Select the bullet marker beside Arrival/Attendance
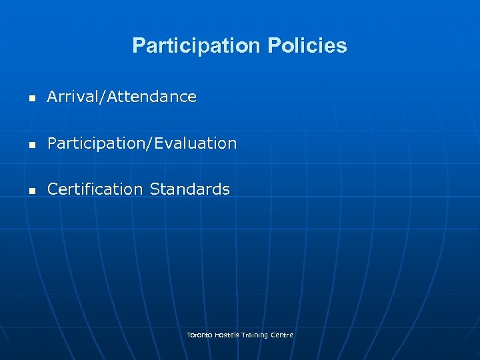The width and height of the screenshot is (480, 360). [x=31, y=98]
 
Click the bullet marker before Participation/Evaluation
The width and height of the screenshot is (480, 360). [x=31, y=144]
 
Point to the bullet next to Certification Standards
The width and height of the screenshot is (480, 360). [x=31, y=190]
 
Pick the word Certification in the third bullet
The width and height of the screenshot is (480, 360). [x=95, y=189]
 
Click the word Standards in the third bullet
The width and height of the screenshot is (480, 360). [x=189, y=189]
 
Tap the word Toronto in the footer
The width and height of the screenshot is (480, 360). [x=199, y=335]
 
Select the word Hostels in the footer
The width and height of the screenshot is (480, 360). [x=227, y=335]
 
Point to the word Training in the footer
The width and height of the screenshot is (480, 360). [x=255, y=335]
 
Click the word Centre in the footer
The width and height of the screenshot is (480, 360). [x=282, y=335]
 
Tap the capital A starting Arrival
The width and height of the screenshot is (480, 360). [x=52, y=97]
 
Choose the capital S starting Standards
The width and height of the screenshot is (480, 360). [x=154, y=189]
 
